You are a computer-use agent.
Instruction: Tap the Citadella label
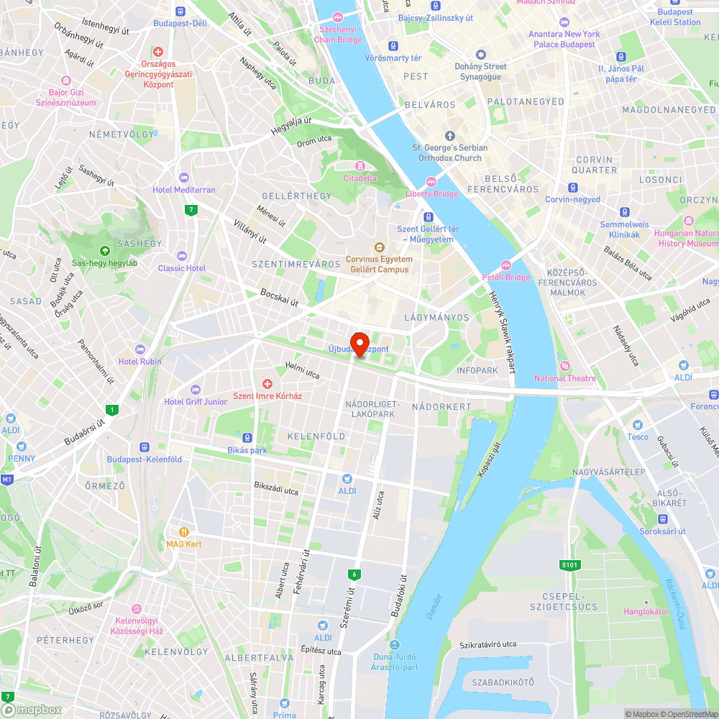[360, 178]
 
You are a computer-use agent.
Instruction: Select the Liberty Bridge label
[431, 193]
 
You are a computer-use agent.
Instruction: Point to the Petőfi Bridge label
[506, 277]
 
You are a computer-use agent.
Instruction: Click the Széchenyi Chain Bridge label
[338, 35]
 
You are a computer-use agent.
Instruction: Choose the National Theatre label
[564, 378]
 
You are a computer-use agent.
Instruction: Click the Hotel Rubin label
[140, 362]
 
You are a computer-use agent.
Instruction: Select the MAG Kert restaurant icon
[184, 532]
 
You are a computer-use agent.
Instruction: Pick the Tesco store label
[637, 436]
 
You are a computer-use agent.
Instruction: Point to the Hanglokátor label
[645, 612]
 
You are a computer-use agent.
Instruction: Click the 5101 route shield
[569, 565]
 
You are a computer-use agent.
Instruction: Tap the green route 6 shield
[354, 574]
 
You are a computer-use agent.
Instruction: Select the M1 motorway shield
[7, 479]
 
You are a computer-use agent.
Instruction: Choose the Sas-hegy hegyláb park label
[104, 262]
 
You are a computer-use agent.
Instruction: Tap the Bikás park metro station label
[247, 450]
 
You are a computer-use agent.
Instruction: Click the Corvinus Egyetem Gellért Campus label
[379, 264]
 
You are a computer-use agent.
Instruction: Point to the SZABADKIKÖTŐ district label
[503, 681]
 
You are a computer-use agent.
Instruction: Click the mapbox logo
[32, 710]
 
